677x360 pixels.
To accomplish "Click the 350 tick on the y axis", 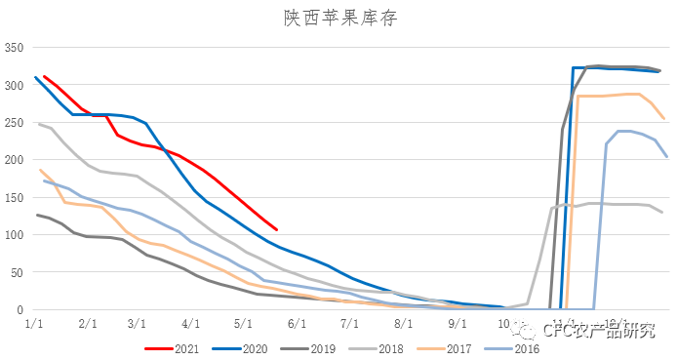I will click(14, 48).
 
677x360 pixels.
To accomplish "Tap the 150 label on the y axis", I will click(14, 198).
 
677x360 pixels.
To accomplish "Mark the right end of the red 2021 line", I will click(277, 230).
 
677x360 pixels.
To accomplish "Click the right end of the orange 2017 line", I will click(664, 119).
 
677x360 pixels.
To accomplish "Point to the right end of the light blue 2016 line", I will click(667, 156).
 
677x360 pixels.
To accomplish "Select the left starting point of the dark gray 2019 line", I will click(37, 215).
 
